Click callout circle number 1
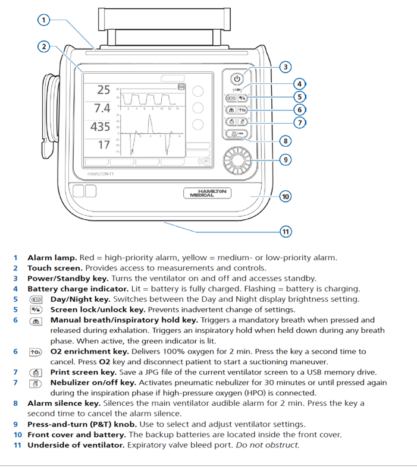[x=43, y=20]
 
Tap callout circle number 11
[x=286, y=231]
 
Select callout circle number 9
[x=286, y=160]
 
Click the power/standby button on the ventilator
[x=237, y=78]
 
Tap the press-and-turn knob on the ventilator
[x=237, y=160]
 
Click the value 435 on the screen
[x=101, y=127]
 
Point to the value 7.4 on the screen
[x=102, y=109]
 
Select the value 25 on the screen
[x=104, y=90]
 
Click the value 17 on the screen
[x=104, y=144]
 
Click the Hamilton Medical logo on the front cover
[x=208, y=193]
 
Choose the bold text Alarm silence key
[x=64, y=403]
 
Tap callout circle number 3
[x=286, y=67]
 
